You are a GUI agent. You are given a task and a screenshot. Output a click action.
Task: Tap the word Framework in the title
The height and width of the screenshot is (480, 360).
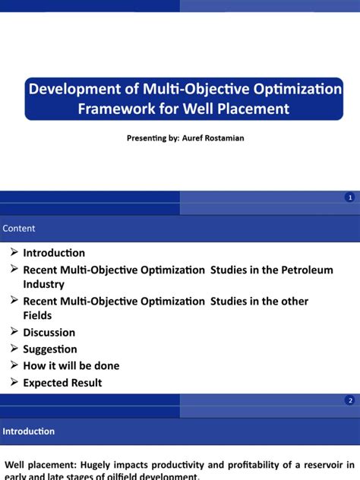pos(114,109)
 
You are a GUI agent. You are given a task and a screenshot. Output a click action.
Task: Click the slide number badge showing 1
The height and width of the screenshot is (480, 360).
pos(349,197)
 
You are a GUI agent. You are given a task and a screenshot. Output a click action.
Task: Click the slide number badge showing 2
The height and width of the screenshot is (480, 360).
pos(349,400)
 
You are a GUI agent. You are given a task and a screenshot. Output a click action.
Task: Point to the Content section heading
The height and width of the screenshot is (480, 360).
pos(19,229)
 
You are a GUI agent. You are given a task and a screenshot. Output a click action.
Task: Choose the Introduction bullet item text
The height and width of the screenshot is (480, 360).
pos(54,253)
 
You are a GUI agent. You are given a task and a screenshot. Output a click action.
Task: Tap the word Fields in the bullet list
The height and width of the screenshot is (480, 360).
pos(38,315)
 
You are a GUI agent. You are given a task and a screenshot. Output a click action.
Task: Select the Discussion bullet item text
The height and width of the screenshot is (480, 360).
pos(49,332)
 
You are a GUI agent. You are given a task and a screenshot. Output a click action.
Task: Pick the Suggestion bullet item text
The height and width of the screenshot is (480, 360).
pos(50,349)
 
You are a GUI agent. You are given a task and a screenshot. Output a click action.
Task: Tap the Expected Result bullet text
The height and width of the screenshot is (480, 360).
pos(62,383)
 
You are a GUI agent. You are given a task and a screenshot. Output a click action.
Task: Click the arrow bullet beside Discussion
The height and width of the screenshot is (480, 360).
pos(14,332)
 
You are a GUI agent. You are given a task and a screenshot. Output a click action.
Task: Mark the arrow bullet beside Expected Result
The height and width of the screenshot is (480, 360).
pos(14,383)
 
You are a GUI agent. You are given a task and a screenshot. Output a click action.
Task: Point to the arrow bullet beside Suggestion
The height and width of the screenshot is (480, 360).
pos(14,349)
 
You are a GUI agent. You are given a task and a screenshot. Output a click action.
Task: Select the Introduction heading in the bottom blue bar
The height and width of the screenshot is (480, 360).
pos(29,431)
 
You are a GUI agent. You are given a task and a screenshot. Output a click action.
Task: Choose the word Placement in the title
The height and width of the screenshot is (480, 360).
pos(248,109)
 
